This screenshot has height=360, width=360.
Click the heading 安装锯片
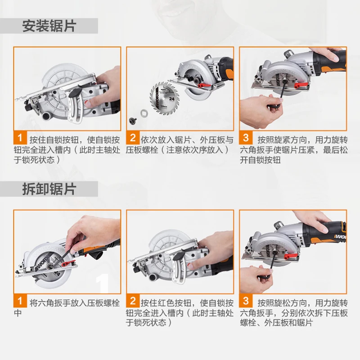click(49, 26)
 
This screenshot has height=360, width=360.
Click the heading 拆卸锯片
click(49, 189)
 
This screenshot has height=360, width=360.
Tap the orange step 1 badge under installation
click(20, 138)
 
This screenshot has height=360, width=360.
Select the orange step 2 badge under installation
click(133, 138)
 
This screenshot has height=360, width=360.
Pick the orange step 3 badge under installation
click(246, 138)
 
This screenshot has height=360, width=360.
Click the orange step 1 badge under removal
click(20, 301)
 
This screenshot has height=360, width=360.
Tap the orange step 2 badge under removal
click(133, 301)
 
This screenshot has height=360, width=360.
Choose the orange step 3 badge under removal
click(246, 301)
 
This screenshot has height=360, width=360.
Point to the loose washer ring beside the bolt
click(144, 113)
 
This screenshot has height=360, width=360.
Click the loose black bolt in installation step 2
click(132, 120)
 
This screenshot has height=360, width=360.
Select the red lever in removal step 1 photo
click(68, 263)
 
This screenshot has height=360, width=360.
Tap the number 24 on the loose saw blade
click(171, 99)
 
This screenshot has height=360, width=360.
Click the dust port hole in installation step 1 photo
click(47, 116)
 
